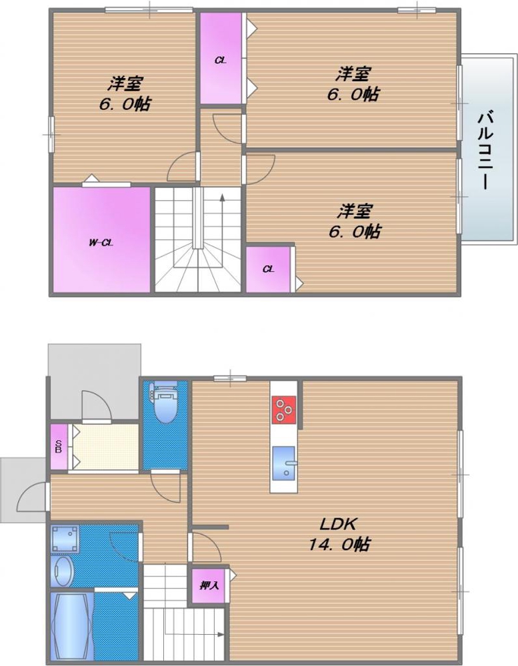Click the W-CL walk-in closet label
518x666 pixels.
(101, 243)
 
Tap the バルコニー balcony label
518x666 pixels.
(486, 151)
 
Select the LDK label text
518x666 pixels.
(338, 525)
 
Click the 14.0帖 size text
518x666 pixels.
(339, 544)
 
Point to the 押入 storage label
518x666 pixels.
(209, 585)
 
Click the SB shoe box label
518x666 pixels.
(58, 446)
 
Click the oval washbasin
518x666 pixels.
(61, 571)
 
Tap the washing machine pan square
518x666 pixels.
(65, 538)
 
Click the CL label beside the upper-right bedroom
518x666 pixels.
(220, 61)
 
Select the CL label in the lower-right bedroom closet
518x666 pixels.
(268, 269)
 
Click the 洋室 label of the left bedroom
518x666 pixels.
(125, 84)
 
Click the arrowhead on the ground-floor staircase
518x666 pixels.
(221, 635)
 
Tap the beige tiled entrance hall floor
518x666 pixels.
(105, 446)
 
